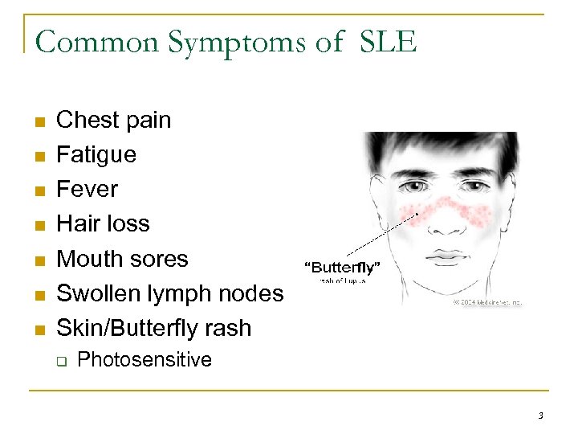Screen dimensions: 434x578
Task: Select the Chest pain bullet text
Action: click(113, 120)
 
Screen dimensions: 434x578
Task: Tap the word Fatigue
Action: click(96, 154)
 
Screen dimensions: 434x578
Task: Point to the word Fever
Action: click(87, 189)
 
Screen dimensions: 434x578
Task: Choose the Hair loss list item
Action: click(103, 223)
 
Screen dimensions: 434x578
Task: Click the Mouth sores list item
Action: click(121, 259)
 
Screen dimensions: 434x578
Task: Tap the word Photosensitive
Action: click(144, 359)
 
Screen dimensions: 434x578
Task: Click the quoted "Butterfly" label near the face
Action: click(341, 267)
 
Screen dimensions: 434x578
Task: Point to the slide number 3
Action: click(540, 416)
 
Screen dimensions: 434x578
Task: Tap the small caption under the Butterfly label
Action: click(343, 281)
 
